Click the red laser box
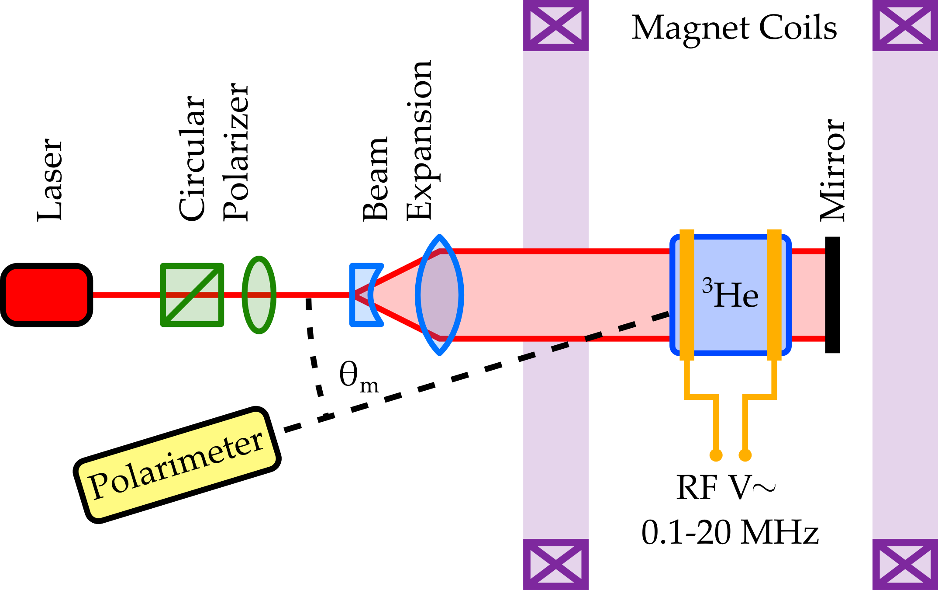[x=47, y=295]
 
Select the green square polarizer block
[x=192, y=295]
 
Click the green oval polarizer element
[x=259, y=295]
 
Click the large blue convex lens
[x=439, y=295]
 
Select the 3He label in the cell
[x=730, y=295]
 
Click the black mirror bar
[x=832, y=295]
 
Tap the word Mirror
[x=832, y=170]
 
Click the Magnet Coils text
[x=734, y=28]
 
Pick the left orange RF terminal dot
[x=716, y=455]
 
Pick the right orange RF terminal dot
[x=745, y=455]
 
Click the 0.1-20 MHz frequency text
[x=729, y=532]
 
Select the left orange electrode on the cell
[x=687, y=295]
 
